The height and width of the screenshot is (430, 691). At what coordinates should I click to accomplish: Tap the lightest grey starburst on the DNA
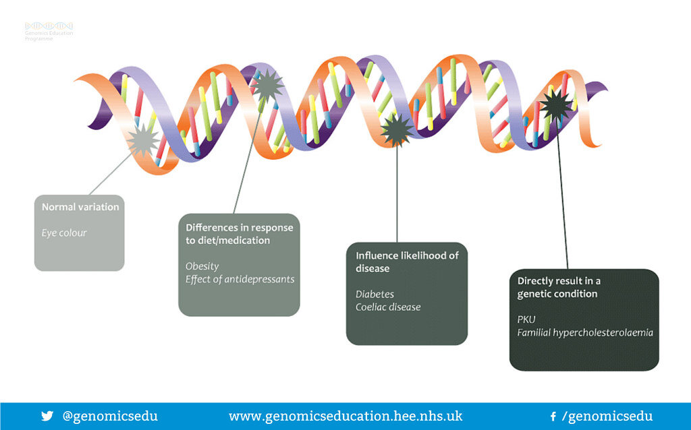144,141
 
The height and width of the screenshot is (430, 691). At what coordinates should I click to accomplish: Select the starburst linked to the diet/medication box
268,86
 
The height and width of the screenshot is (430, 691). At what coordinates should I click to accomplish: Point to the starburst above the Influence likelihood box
397,129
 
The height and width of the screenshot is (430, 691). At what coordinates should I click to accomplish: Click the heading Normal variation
80,207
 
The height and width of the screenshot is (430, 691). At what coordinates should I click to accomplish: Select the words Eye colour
64,233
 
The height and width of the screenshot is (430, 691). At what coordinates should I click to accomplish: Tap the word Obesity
202,266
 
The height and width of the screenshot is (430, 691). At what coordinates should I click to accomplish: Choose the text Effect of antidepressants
240,279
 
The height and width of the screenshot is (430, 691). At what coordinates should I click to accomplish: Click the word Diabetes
375,295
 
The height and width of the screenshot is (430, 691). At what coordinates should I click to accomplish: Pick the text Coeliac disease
388,307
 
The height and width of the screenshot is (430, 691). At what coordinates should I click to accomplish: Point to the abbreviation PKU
527,319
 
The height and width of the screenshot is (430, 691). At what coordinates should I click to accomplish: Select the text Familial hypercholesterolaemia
585,332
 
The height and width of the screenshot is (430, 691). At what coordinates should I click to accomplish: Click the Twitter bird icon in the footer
47,416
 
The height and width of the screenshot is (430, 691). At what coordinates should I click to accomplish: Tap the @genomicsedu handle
110,416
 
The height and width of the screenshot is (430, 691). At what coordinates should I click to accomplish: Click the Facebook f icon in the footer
553,417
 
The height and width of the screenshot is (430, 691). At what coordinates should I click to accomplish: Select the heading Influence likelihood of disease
407,262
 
